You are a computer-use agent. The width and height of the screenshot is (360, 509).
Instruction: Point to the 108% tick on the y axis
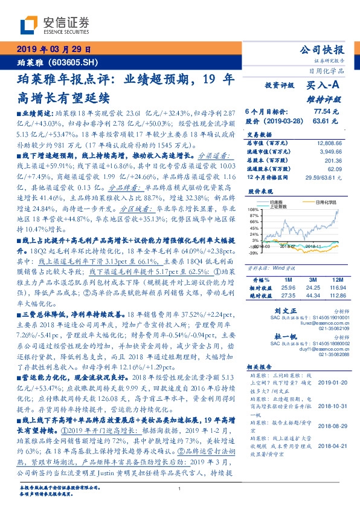pyautogui.click(x=252, y=209)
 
